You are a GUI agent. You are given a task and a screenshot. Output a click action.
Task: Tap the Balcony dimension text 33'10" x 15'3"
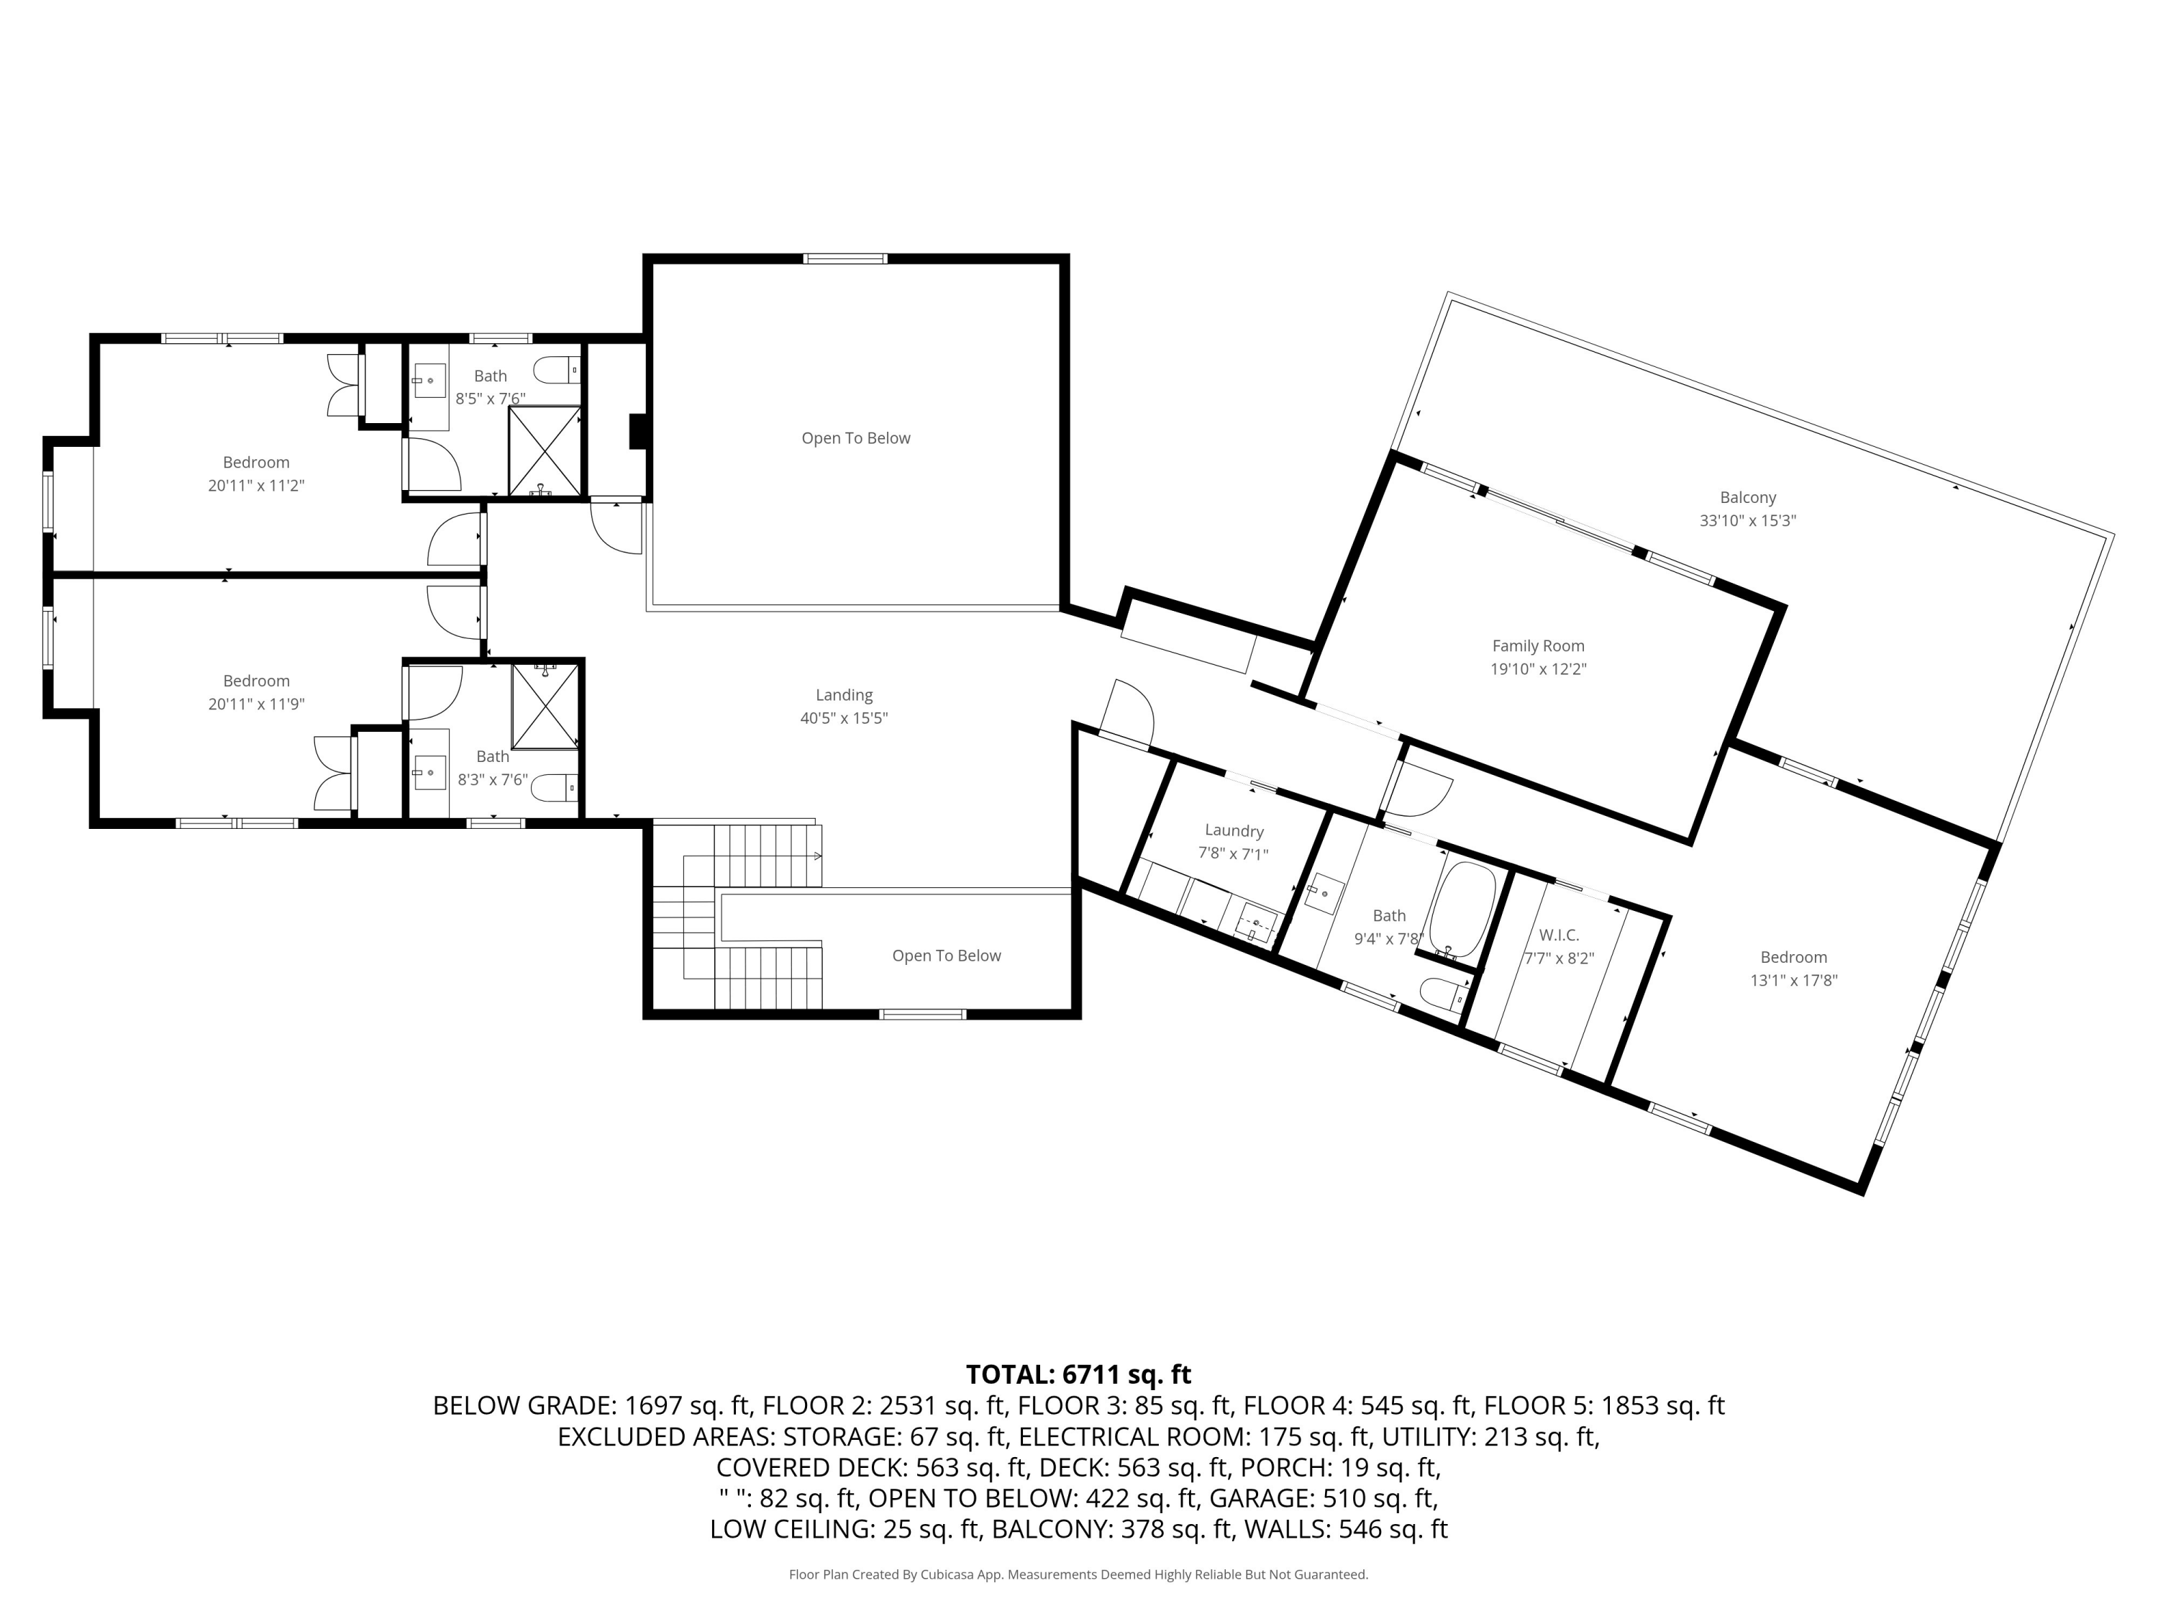tap(1747, 521)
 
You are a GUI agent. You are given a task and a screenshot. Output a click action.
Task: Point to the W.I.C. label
tap(1558, 935)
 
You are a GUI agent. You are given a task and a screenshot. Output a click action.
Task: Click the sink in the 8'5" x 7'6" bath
tap(429, 380)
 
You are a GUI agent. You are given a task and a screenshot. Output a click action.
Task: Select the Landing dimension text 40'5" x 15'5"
tap(844, 718)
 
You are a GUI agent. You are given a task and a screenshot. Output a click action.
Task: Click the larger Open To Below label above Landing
tap(855, 438)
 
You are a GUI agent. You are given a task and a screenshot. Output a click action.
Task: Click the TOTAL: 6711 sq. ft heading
tap(1078, 1374)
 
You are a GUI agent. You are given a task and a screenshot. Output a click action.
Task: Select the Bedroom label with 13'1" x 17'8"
tap(1793, 957)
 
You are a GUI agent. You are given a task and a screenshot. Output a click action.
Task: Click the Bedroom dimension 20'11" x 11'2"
tap(255, 485)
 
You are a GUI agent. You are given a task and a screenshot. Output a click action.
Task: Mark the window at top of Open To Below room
tap(845, 258)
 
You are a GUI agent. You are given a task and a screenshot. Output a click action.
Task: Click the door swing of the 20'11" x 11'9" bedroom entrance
tap(451, 611)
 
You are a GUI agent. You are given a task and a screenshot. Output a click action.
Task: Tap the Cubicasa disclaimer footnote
tap(1078, 1574)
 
